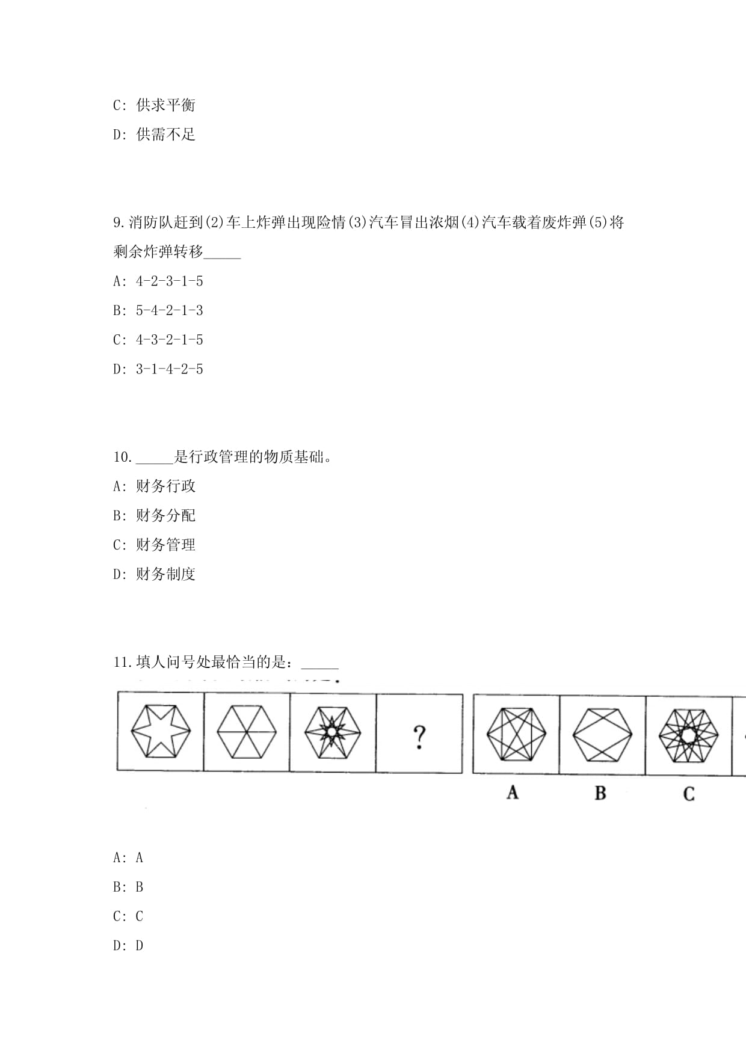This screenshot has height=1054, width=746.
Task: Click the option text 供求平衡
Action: (165, 105)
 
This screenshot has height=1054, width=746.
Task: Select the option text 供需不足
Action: (165, 135)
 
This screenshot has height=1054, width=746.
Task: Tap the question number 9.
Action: (119, 223)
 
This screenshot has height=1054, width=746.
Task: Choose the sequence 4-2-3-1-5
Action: (169, 281)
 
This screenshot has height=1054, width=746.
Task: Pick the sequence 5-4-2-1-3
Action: (169, 311)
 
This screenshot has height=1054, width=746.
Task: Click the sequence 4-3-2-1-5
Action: (169, 340)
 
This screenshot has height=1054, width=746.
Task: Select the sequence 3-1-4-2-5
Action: (169, 369)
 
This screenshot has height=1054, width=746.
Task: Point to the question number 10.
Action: (122, 458)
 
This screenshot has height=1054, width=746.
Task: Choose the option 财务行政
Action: (165, 486)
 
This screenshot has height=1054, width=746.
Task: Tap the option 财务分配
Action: (165, 516)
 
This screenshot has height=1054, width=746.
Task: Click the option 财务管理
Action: (165, 545)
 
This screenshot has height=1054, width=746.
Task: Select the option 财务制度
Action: (165, 575)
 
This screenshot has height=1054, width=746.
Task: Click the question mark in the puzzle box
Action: (419, 737)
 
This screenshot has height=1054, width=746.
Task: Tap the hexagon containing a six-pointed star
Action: (161, 731)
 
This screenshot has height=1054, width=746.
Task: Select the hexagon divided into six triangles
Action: (246, 731)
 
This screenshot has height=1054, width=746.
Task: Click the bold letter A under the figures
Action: (513, 792)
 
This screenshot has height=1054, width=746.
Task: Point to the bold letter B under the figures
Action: (600, 793)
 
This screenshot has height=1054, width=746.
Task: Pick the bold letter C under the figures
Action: (689, 794)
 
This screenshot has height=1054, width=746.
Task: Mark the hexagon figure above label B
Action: (602, 734)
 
